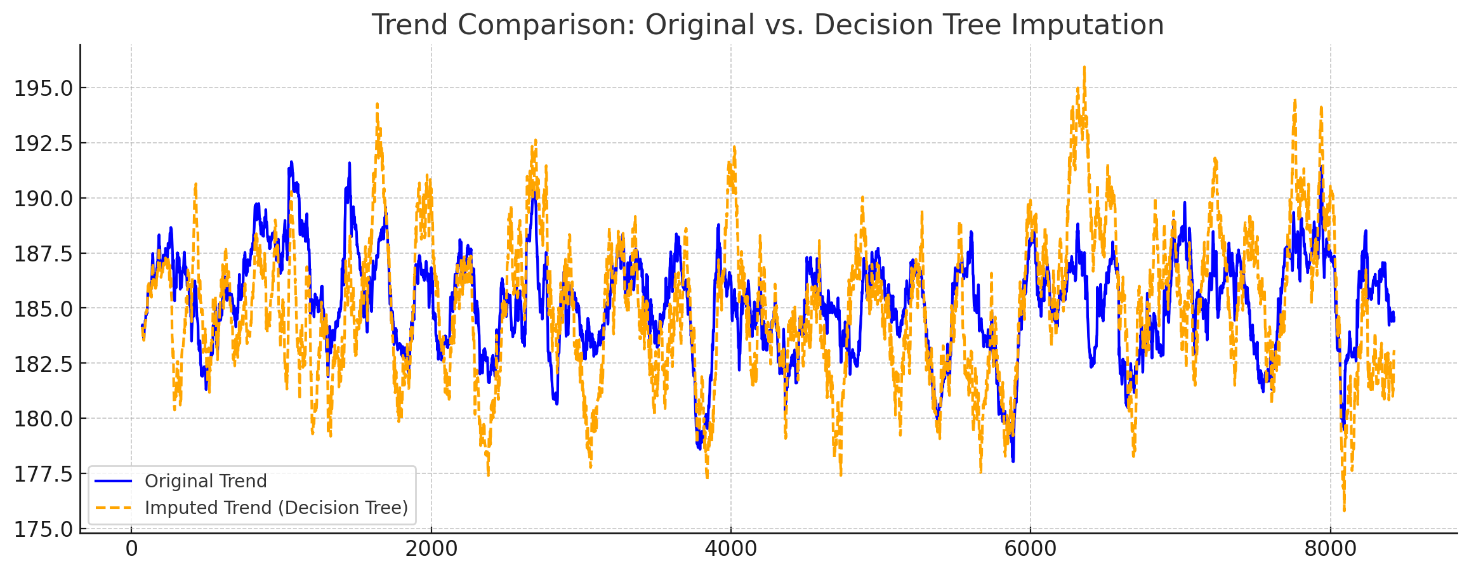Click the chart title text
tap(767, 25)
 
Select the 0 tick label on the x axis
tap(131, 549)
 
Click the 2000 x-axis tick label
tap(431, 549)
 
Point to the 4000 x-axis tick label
tap(730, 549)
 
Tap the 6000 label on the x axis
tap(1030, 549)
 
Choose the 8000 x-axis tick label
tap(1329, 549)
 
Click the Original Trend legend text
tap(206, 482)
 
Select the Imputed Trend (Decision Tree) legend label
tap(276, 508)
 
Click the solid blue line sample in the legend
tap(114, 482)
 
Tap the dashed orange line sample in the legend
tap(114, 508)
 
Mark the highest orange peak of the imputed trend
tap(1084, 67)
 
